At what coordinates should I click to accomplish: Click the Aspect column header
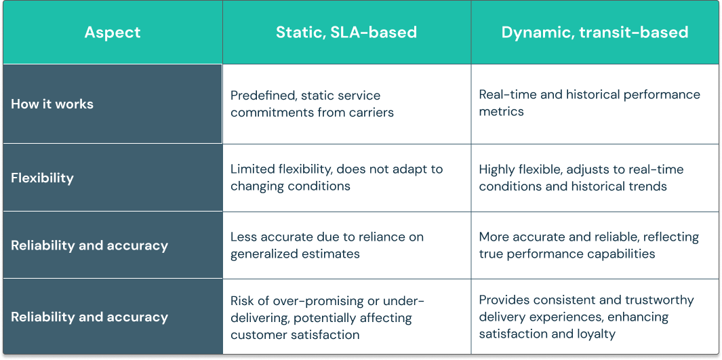pos(113,32)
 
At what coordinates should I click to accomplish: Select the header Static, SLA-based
pos(346,32)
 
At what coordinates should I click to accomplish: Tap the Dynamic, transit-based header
pos(595,32)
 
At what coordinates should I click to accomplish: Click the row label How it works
pos(52,104)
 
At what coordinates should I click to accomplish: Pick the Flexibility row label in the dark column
pos(42,178)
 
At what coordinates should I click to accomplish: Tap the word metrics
pos(501,111)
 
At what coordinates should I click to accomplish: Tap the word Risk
pos(243,300)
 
